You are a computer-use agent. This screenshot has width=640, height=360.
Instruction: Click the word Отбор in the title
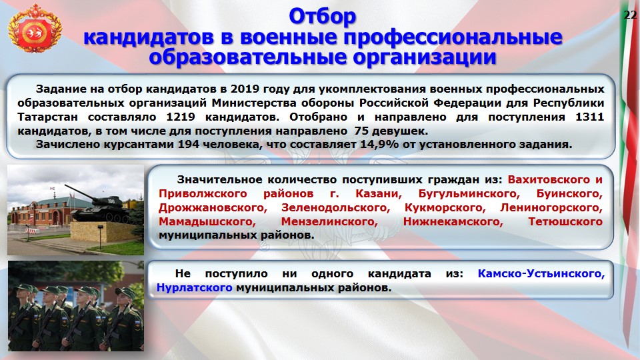(323, 17)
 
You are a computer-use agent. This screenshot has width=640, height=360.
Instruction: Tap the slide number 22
(630, 15)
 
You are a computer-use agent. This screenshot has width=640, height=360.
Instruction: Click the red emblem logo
(34, 29)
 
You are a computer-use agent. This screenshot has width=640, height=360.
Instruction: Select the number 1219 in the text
(181, 117)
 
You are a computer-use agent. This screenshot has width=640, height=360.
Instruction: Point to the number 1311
(589, 117)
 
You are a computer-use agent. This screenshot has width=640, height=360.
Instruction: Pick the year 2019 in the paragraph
(245, 89)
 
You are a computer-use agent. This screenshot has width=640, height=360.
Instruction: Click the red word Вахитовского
(549, 179)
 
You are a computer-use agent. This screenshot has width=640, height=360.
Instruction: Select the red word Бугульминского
(469, 193)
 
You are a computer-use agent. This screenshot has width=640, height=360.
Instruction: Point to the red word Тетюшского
(565, 221)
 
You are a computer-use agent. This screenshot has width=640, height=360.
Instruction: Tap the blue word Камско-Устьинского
(541, 273)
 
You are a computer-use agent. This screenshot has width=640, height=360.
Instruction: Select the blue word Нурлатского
(194, 287)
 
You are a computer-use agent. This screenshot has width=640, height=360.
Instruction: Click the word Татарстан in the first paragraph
(47, 117)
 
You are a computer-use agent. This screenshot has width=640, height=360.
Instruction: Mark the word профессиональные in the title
(453, 37)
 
